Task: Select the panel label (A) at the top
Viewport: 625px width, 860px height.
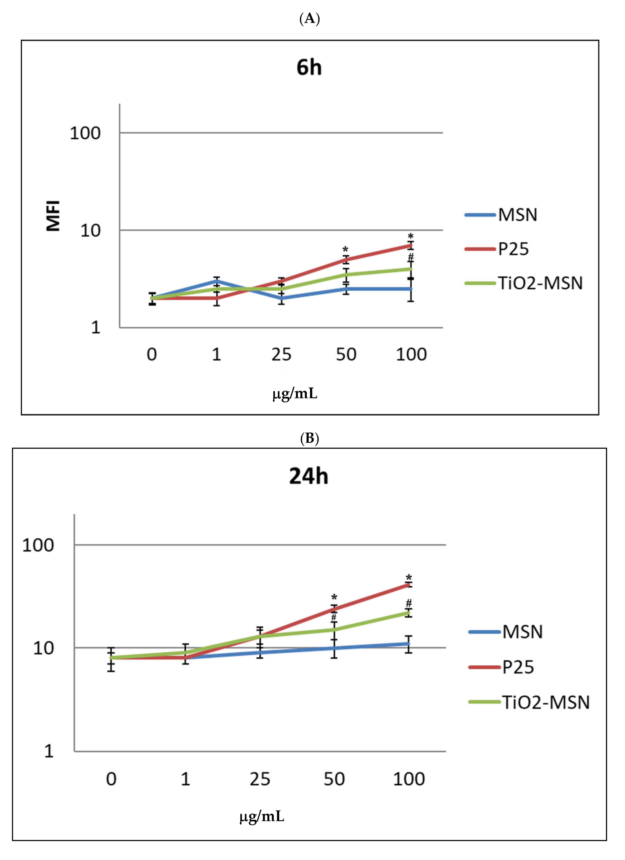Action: tap(310, 18)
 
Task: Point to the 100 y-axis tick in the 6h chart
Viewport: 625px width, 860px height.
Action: tap(85, 133)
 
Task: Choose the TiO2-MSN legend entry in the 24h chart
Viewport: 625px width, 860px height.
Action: tap(546, 703)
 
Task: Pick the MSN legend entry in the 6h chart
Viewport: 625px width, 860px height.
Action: tap(517, 215)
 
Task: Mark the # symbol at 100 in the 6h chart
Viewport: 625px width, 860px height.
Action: tap(411, 258)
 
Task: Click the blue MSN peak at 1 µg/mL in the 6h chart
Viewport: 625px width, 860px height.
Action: tap(216, 281)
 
